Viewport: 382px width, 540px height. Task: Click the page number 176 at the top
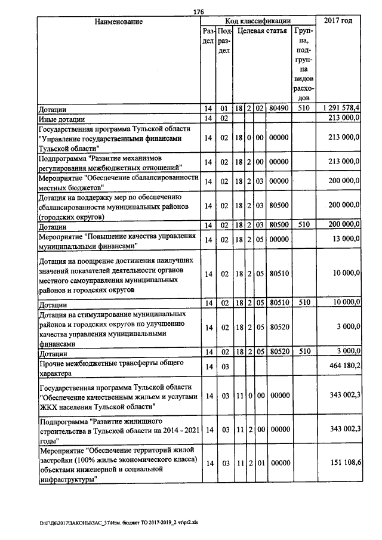tap(199, 11)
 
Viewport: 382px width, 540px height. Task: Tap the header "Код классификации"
tap(258, 21)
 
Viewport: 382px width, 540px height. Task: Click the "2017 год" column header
tap(338, 21)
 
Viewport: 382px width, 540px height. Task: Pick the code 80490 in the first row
tap(279, 108)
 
